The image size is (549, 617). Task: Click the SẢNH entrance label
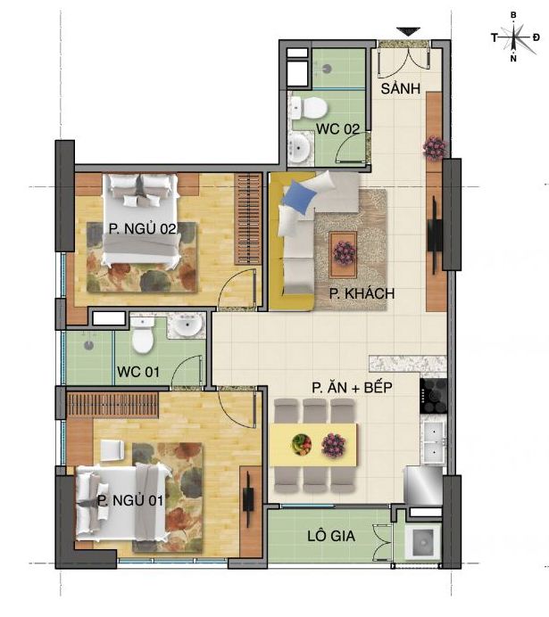(x=401, y=88)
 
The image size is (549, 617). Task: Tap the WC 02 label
(x=338, y=128)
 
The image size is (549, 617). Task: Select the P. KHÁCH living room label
(x=362, y=293)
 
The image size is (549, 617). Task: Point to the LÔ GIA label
(x=331, y=536)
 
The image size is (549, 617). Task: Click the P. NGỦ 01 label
(x=130, y=500)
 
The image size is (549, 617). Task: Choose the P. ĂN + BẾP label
(x=352, y=387)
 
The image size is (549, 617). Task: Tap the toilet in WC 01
(x=143, y=335)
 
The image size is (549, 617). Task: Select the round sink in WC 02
(x=299, y=147)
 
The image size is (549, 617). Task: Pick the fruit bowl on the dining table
(x=302, y=444)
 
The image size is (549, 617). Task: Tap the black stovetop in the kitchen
(x=433, y=396)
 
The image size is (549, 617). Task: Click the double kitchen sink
(x=434, y=442)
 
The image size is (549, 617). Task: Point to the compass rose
(x=515, y=37)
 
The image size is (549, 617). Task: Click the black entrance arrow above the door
(x=409, y=31)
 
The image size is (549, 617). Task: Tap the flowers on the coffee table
(x=345, y=252)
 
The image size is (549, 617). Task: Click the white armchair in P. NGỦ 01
(x=112, y=450)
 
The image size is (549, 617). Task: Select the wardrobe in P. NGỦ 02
(x=248, y=218)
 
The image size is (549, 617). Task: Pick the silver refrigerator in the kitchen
(x=423, y=486)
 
